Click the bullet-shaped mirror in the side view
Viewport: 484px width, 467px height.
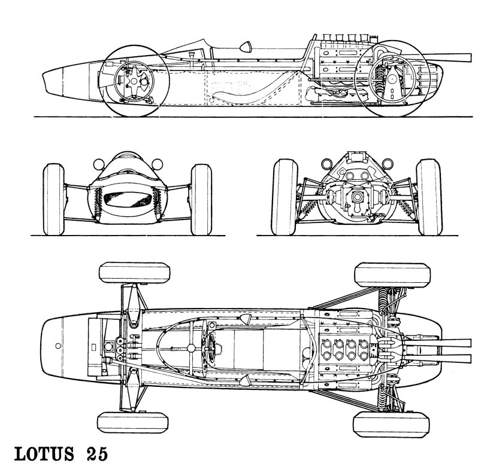coord(246,46)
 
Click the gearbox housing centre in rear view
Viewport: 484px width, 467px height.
coord(358,197)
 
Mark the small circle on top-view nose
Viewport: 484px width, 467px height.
coord(58,346)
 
